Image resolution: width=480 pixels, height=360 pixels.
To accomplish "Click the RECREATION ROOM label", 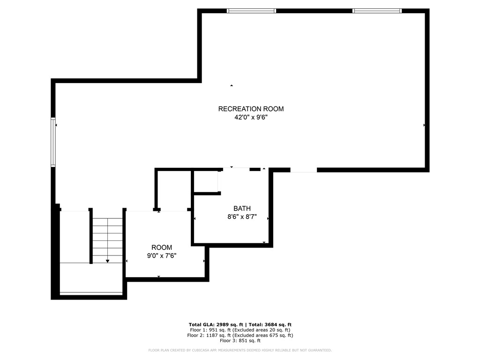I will (x=251, y=109).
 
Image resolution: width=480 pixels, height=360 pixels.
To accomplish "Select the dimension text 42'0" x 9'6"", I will (x=251, y=118).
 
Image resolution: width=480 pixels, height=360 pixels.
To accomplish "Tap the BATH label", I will (x=242, y=208).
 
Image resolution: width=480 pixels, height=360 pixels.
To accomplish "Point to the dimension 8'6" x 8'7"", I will (x=242, y=217).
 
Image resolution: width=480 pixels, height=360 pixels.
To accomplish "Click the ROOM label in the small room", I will (x=161, y=247).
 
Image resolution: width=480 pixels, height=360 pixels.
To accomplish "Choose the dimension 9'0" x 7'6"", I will (x=161, y=256).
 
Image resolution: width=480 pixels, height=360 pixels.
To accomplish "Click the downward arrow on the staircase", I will (x=108, y=261).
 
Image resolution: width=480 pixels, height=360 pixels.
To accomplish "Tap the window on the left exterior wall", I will (x=53, y=142).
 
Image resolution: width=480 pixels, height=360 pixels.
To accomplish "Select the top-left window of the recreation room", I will (x=251, y=11).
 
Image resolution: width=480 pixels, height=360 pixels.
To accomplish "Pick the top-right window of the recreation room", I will (x=377, y=11).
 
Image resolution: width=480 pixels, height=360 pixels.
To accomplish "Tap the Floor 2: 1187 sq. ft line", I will (x=240, y=335).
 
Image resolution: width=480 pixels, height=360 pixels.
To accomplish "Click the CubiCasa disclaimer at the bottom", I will (x=240, y=350).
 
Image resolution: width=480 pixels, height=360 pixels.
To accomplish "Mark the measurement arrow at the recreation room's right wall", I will (x=424, y=125).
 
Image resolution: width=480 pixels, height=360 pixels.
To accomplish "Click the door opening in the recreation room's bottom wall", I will (x=303, y=170).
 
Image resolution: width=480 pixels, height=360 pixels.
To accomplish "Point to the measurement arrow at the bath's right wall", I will (x=268, y=218).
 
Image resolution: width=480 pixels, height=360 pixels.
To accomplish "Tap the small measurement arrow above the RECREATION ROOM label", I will (x=232, y=85).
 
